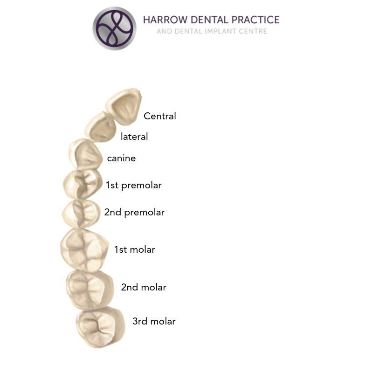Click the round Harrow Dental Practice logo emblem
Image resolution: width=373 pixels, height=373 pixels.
(114, 28)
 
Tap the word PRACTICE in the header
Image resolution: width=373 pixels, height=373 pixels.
(256, 20)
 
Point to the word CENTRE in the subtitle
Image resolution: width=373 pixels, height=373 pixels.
(253, 31)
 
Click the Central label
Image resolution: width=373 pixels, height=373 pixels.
(160, 116)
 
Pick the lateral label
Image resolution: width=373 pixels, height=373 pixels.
(134, 137)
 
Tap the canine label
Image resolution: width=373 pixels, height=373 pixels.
(121, 158)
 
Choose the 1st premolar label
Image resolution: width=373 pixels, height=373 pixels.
(134, 185)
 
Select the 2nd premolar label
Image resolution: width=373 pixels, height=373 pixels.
(134, 213)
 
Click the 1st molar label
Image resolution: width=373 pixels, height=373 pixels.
(135, 249)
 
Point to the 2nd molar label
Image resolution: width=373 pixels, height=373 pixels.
(144, 287)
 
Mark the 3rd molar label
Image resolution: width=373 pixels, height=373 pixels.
(154, 321)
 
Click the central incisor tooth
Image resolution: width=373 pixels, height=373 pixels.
(124, 107)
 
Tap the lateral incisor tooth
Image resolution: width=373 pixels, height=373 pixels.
(100, 127)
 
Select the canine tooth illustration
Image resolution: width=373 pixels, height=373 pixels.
(86, 155)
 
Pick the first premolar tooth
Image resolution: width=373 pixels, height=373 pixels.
(83, 184)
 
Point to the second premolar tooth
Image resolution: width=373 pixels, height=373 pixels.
(81, 214)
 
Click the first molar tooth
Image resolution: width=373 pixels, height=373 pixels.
(84, 250)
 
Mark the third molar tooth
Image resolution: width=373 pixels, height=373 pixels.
(100, 327)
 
